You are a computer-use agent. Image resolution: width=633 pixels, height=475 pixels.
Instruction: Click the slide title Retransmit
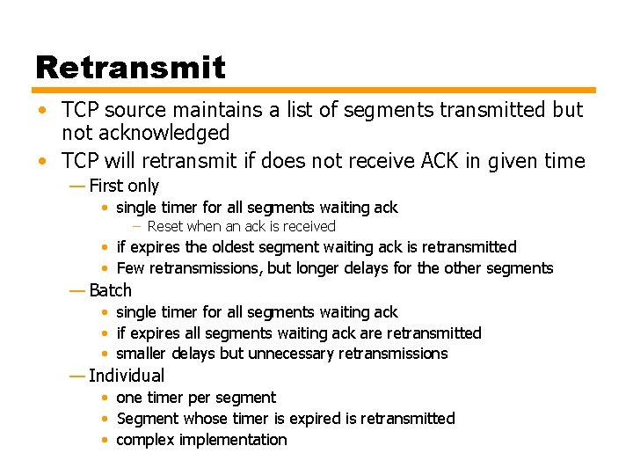coord(130,67)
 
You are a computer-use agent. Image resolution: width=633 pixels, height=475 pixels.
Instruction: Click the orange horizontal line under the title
coord(315,90)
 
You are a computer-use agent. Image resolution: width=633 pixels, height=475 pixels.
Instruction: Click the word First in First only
coord(105,186)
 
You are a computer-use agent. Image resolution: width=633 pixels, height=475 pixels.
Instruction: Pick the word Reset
coord(165,227)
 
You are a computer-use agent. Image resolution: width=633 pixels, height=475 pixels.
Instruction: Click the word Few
coord(130,268)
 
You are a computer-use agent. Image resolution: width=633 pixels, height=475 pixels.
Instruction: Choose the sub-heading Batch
coord(110,290)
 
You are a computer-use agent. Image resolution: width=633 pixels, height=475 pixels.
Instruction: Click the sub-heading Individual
coord(127,376)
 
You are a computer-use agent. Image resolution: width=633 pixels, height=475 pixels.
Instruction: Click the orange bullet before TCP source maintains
coord(43,111)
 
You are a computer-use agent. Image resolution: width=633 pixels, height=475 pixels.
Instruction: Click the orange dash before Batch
coord(77,290)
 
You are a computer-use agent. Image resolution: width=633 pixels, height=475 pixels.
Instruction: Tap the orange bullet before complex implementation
coord(105,440)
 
